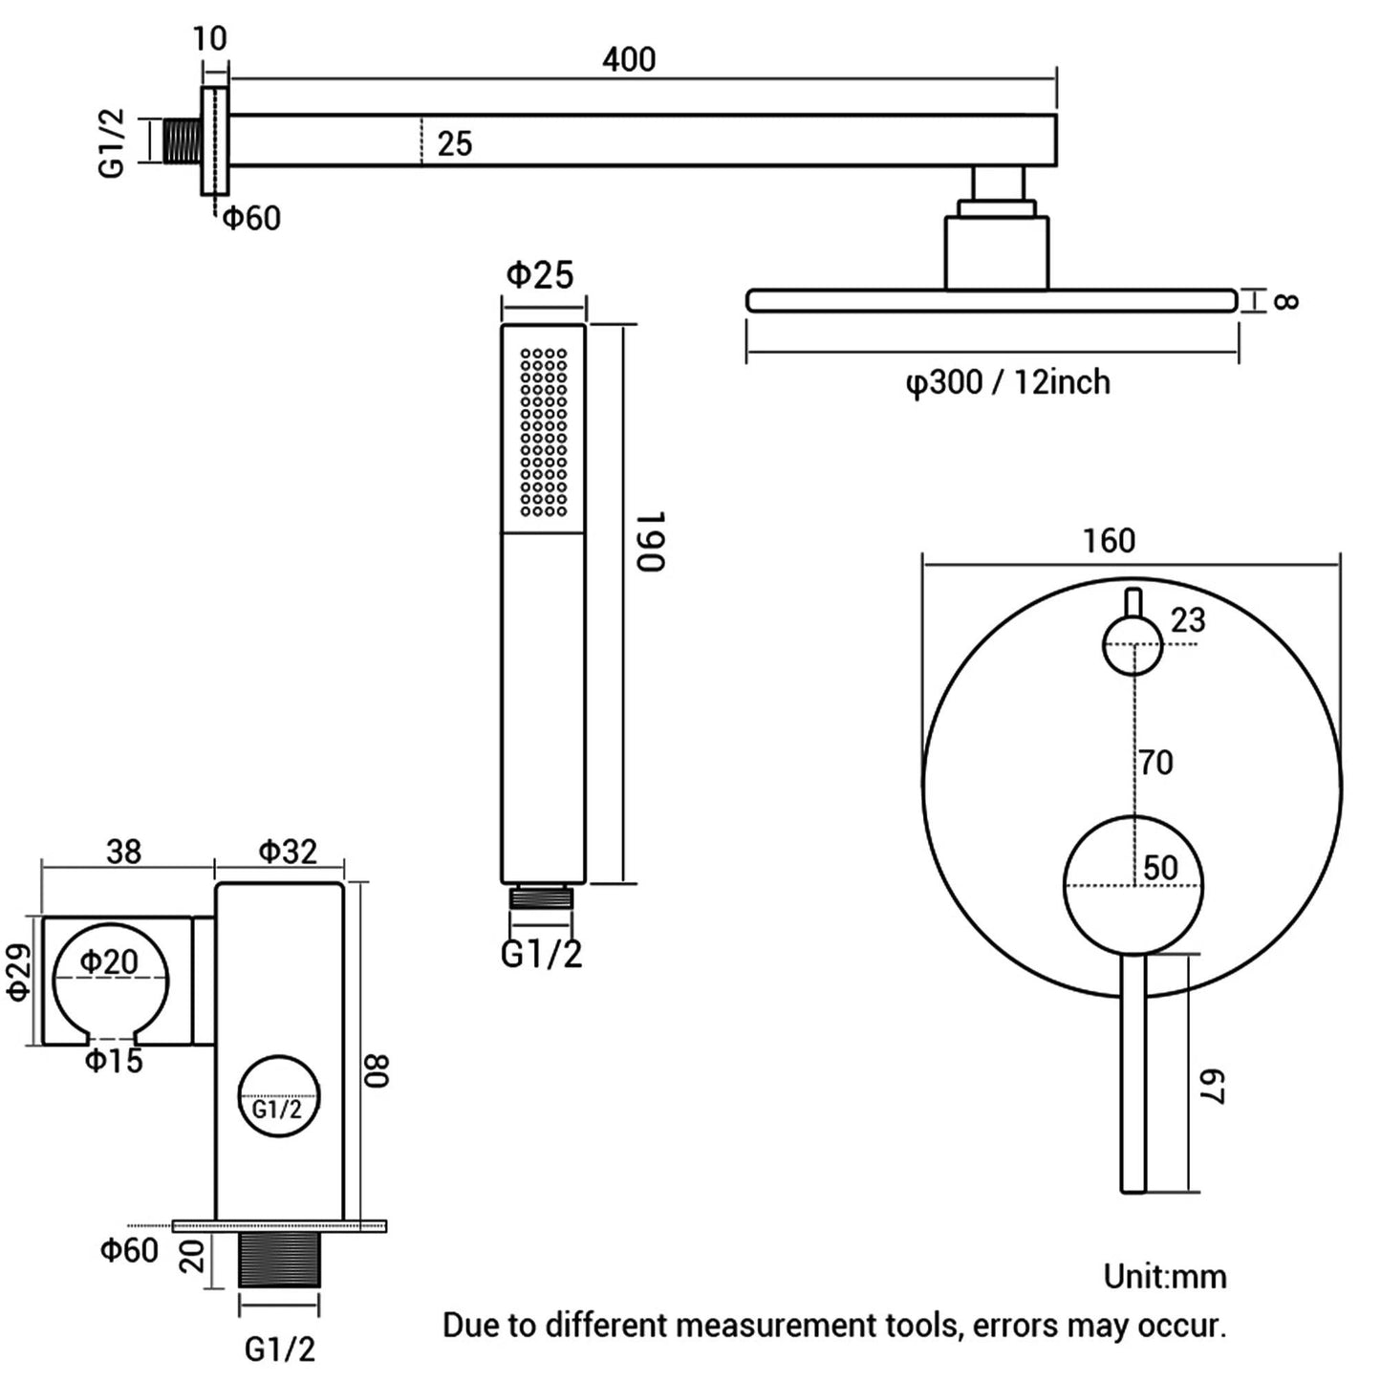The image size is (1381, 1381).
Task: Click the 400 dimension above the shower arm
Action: coord(629,60)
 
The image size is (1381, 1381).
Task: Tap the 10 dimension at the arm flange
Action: coord(209,39)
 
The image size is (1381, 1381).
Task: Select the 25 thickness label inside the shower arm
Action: coord(455,143)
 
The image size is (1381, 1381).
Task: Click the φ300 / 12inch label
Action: coord(1007,382)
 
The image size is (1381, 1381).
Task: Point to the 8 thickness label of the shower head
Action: coord(1286,301)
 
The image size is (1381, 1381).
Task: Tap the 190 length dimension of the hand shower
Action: coord(650,541)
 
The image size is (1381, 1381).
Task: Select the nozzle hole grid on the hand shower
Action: coord(543,432)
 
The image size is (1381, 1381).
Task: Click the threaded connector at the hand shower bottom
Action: coord(541,897)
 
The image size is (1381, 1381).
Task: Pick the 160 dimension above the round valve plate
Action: coord(1109,541)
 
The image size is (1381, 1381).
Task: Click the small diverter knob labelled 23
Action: coord(1133,645)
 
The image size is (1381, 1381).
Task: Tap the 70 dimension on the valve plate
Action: coord(1155,763)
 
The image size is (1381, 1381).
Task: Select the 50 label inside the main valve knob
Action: coord(1160,868)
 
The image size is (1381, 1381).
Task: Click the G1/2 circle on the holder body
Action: coord(277,1096)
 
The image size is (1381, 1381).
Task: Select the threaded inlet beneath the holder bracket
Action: coord(279,1260)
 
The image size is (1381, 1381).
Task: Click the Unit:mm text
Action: coord(1164,1276)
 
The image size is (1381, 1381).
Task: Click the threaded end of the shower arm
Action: coord(182,141)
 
